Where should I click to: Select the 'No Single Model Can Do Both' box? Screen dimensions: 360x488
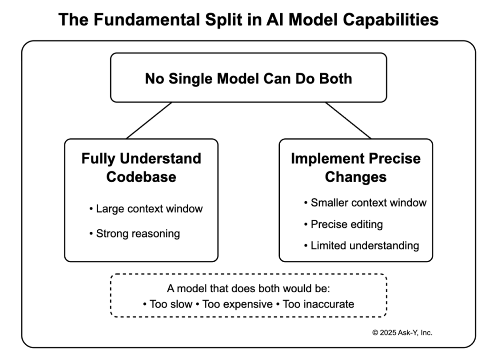tap(248, 78)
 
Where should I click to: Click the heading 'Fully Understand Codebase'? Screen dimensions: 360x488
tap(141, 167)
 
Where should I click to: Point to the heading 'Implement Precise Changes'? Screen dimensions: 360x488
tap(356, 167)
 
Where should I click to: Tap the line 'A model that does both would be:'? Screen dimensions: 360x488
tap(248, 288)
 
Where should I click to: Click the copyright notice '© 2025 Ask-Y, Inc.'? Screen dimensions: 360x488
tap(402, 333)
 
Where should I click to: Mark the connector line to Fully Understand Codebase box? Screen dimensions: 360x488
tap(149, 120)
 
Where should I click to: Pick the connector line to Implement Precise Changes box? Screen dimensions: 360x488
tap(348, 120)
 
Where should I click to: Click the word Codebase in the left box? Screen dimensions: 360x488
tap(141, 177)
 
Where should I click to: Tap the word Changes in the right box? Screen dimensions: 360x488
tap(356, 177)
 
